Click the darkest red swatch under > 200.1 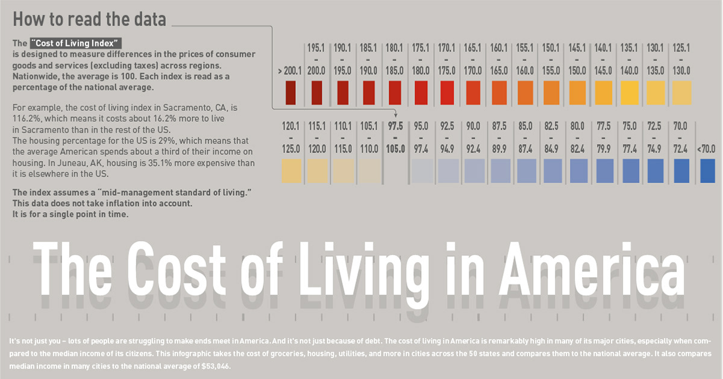(x=290, y=93)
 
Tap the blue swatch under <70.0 (x=707, y=171)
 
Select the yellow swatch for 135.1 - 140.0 (x=629, y=93)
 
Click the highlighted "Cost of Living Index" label (x=75, y=43)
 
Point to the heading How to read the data (x=89, y=19)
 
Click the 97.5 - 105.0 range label (x=395, y=138)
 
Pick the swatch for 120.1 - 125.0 (x=291, y=171)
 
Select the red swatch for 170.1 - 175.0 (x=446, y=93)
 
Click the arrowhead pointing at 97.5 (x=395, y=114)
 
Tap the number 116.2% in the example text (x=27, y=119)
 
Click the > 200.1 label (x=290, y=70)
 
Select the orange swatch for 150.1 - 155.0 (x=551, y=93)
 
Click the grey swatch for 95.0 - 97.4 (x=422, y=171)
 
